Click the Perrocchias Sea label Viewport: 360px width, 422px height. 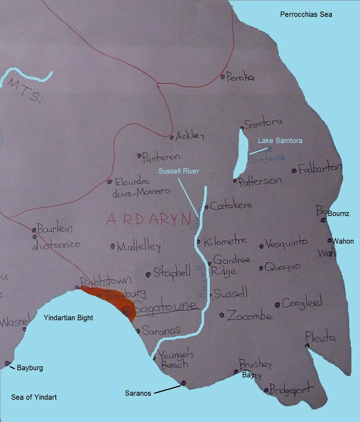[x=306, y=15]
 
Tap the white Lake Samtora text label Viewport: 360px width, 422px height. [x=280, y=141]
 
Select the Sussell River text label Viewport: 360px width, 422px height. [x=179, y=171]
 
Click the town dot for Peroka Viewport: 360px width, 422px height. [x=223, y=76]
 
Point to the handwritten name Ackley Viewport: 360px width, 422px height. [x=190, y=136]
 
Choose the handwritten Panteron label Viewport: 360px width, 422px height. [x=161, y=157]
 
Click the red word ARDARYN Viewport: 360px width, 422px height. [x=148, y=219]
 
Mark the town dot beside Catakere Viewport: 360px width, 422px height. [x=207, y=207]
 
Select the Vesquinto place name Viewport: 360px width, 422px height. [x=286, y=243]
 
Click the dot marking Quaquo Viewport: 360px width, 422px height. [x=261, y=268]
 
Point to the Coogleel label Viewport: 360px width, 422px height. [x=302, y=303]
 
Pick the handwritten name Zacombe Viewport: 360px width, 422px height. [x=250, y=315]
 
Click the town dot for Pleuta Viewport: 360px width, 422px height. [x=307, y=346]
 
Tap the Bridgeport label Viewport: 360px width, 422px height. [x=291, y=389]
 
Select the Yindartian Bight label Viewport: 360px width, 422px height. [x=68, y=318]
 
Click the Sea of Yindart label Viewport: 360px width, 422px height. [x=34, y=397]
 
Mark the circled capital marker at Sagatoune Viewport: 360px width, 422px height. [x=127, y=312]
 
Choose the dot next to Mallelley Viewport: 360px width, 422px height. [x=113, y=246]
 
